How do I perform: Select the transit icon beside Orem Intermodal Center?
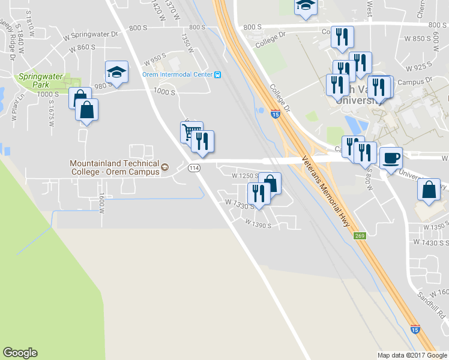coord(218,75)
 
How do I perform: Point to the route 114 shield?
coord(193,168)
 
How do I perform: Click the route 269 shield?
coord(360,236)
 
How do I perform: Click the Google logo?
coord(20,352)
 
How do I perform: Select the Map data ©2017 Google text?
coord(412,355)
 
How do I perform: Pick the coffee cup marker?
coord(391,158)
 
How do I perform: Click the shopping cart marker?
coord(191,132)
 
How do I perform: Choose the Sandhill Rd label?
coord(433,305)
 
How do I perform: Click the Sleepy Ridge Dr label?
coord(7,30)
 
